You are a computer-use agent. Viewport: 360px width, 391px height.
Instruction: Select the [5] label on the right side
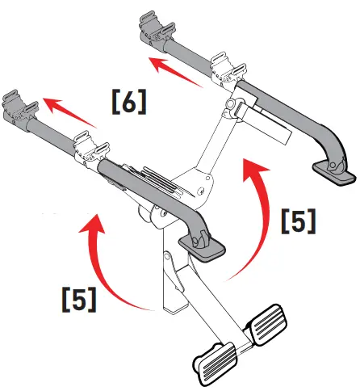pos(299,221)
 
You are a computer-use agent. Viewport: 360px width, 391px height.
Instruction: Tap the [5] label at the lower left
pos(79,297)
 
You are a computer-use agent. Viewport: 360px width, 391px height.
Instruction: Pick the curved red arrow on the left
pos(106,259)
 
